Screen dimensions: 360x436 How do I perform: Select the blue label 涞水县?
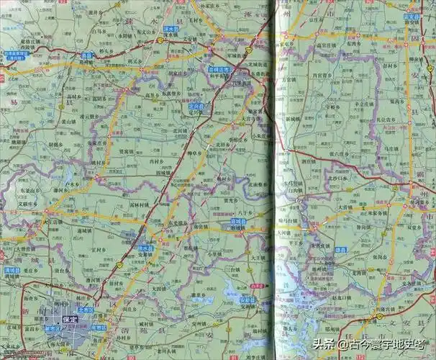[x=171, y=30]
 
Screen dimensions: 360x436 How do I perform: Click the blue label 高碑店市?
[x=219, y=70]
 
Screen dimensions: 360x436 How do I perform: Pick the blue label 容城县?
[x=236, y=222]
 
